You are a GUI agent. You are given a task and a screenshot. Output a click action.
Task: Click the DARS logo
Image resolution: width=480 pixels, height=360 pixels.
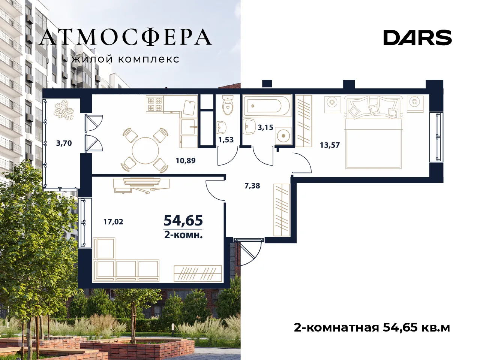pos(417,38)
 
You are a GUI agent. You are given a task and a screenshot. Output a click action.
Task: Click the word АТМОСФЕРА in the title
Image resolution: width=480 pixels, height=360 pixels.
pos(125,37)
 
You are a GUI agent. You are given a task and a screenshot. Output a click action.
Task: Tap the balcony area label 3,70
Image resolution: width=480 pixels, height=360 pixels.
pos(64,143)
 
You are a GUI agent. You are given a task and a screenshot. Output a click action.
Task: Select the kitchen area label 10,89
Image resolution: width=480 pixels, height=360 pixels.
pos(185,161)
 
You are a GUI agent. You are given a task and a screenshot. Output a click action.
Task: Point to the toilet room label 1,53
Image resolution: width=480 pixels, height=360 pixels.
pos(226,140)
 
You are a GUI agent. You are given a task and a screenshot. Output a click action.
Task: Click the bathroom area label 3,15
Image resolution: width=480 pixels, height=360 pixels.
pos(265,127)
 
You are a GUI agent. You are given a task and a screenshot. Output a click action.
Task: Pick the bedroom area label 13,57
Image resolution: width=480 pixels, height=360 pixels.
pos(330,145)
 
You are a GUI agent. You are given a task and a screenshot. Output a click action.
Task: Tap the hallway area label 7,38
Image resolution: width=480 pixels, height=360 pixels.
pos(252,185)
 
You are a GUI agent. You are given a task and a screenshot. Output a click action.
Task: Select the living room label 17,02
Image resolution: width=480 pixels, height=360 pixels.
pos(113,222)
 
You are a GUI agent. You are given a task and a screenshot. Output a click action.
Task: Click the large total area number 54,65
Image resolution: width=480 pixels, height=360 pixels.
pos(183,221)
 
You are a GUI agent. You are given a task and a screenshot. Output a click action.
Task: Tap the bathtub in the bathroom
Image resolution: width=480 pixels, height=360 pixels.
pos(267,106)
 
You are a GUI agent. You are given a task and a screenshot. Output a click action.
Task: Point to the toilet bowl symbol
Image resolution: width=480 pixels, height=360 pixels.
pos(228,105)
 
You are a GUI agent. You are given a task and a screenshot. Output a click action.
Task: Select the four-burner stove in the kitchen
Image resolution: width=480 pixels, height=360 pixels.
pos(154,104)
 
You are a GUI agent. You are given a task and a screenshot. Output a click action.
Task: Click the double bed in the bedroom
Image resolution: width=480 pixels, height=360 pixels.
pos(373,133)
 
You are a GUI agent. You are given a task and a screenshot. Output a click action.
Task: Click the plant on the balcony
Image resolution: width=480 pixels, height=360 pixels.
pos(64,111)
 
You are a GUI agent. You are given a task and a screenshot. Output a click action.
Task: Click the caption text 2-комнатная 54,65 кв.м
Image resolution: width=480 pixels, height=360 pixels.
pos(372,327)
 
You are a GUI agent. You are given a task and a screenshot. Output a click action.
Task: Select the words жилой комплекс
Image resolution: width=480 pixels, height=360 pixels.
pos(125,59)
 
